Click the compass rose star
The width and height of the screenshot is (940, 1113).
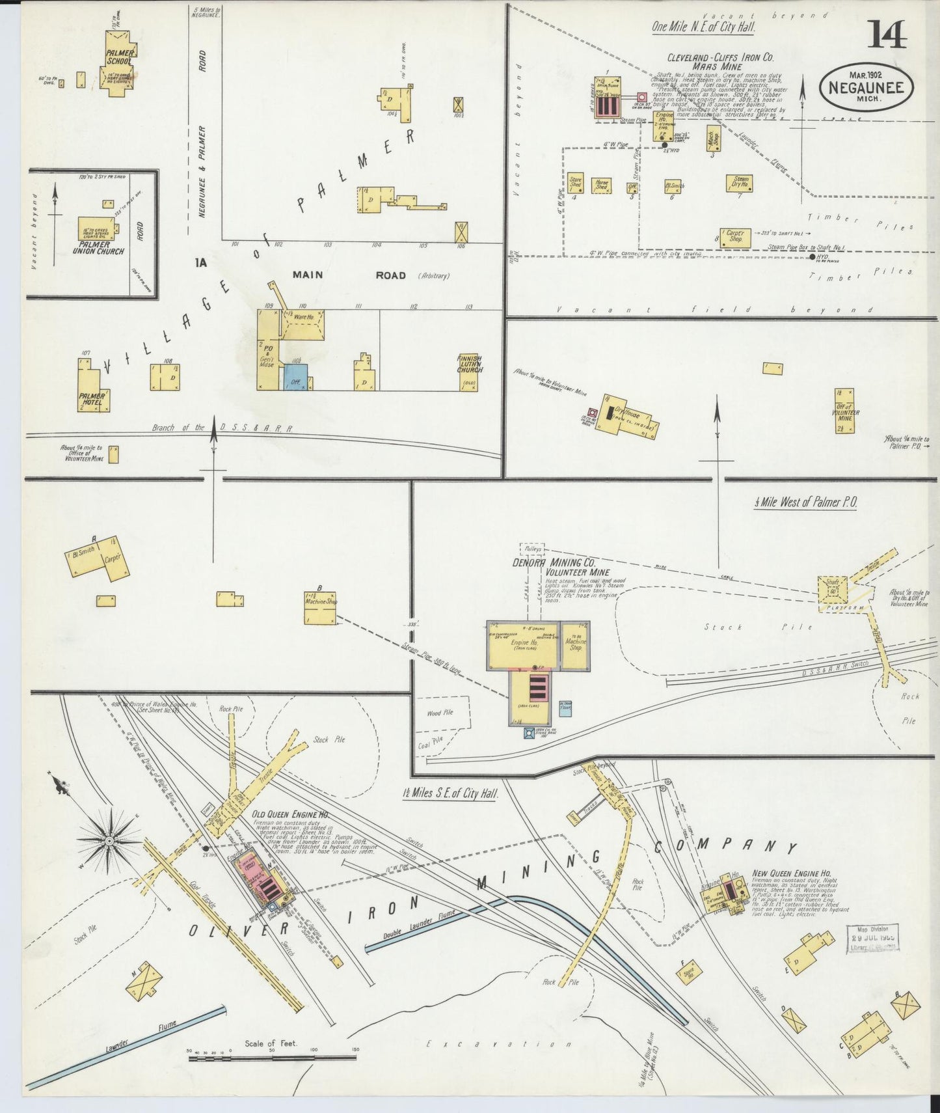click(x=109, y=840)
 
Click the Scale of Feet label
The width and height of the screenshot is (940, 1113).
click(x=271, y=1043)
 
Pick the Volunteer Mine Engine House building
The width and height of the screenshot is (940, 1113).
click(x=522, y=645)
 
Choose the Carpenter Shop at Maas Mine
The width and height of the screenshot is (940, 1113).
click(x=735, y=238)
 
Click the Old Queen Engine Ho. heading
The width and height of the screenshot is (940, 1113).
click(x=290, y=815)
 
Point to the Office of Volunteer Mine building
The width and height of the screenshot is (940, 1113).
click(x=844, y=411)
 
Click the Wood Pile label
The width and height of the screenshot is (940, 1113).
click(x=440, y=713)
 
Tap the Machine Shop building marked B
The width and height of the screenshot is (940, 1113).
click(x=321, y=608)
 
